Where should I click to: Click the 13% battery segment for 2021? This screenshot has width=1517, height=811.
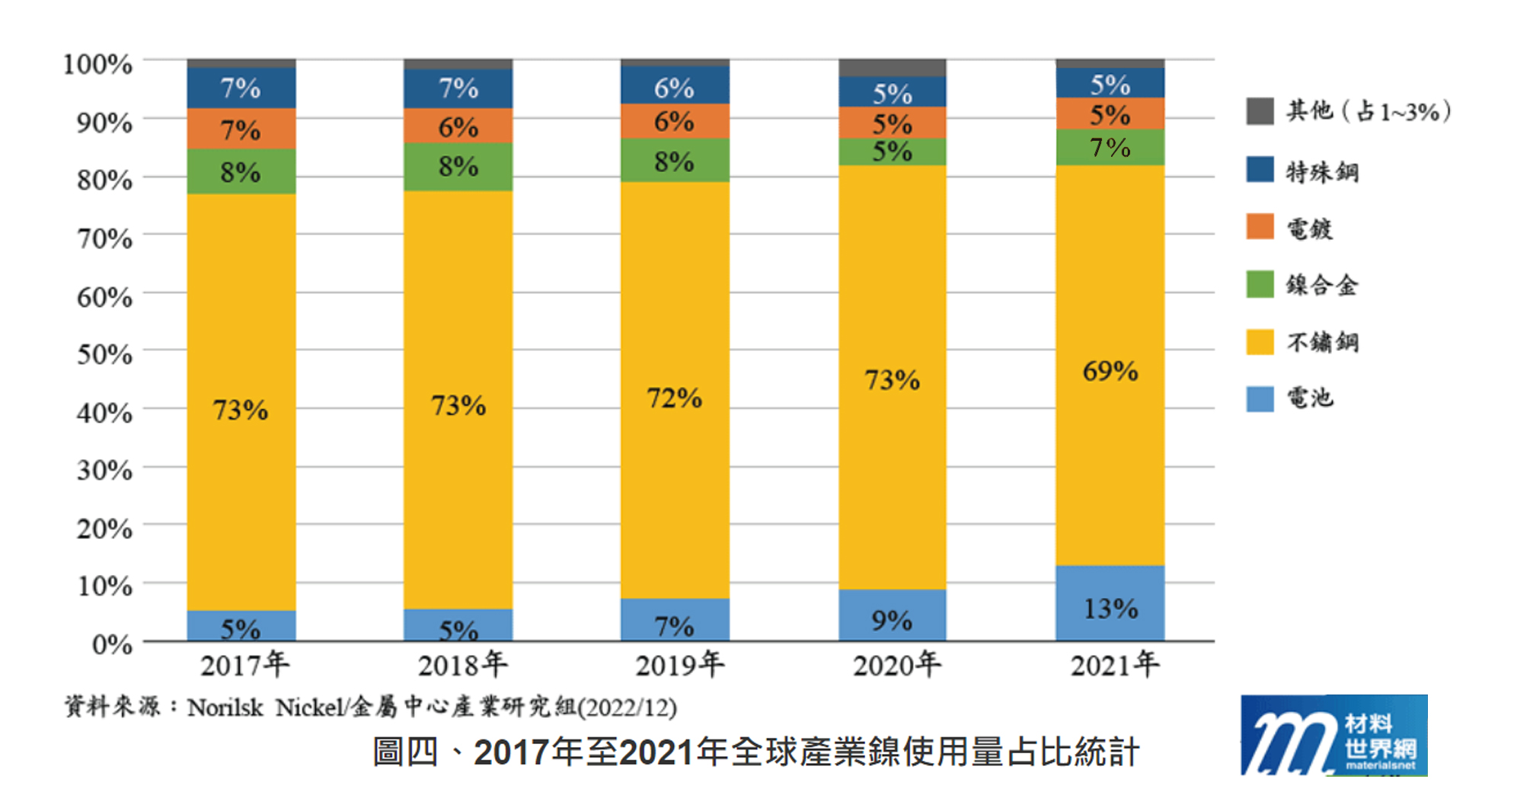tap(1110, 603)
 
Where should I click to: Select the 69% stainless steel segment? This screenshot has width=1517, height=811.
tap(1110, 366)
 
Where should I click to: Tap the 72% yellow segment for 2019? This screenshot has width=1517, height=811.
tap(675, 390)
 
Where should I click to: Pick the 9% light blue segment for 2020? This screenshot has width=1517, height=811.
tap(892, 615)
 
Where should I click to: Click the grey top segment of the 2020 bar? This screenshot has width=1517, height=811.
tap(892, 68)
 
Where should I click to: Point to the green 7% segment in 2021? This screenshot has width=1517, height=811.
tap(1110, 147)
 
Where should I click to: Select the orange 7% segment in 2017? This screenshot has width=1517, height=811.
tap(241, 129)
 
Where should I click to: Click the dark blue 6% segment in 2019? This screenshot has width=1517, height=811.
tap(675, 85)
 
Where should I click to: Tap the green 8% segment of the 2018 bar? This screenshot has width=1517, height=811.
tap(458, 166)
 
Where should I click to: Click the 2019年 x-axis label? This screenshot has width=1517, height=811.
tap(679, 665)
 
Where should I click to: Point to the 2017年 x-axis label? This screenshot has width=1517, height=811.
tap(244, 665)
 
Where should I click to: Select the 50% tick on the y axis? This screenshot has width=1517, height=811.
tap(104, 355)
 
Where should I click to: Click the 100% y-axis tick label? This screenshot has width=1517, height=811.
tap(97, 64)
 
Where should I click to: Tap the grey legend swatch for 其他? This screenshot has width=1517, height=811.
tap(1260, 111)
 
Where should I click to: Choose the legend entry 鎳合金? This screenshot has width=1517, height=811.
tap(1321, 286)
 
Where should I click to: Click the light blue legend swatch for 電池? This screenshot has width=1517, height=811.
tap(1260, 399)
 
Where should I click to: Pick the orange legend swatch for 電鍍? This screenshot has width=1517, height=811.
tap(1260, 226)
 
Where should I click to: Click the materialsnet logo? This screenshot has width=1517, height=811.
tap(1333, 736)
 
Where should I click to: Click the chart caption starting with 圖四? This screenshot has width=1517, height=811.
tap(755, 752)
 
